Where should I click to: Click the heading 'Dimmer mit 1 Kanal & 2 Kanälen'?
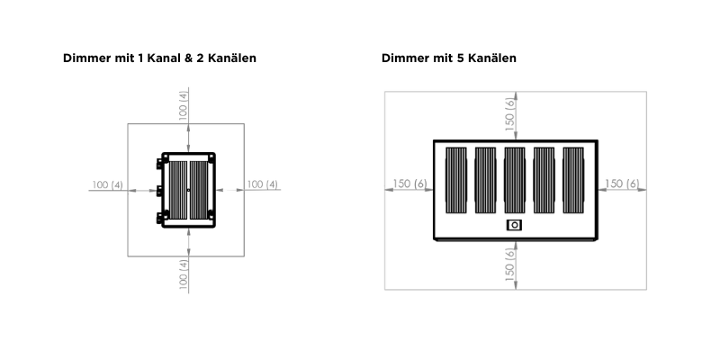click(x=159, y=58)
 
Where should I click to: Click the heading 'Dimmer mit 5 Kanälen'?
click(x=448, y=58)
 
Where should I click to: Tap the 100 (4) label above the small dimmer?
click(x=184, y=105)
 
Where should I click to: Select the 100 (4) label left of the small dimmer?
click(x=107, y=184)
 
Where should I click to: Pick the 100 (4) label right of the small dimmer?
click(x=262, y=184)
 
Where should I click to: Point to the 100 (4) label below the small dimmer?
click(x=184, y=274)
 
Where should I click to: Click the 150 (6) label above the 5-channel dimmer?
click(x=510, y=115)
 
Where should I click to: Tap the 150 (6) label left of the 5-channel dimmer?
click(x=409, y=184)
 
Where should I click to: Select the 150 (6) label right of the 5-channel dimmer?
click(x=622, y=184)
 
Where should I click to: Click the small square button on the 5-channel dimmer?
click(x=514, y=225)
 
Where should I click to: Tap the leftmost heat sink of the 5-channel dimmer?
click(x=456, y=180)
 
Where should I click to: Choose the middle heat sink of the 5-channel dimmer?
click(x=515, y=180)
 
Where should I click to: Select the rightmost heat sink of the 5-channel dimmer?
click(x=573, y=180)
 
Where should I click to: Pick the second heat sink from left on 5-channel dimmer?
click(x=485, y=180)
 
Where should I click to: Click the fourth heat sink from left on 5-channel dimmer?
click(x=544, y=180)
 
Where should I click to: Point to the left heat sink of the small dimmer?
click(x=178, y=190)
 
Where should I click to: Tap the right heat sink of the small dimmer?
click(x=199, y=190)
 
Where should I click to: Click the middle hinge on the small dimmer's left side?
click(x=159, y=191)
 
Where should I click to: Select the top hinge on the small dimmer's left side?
click(x=159, y=164)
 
